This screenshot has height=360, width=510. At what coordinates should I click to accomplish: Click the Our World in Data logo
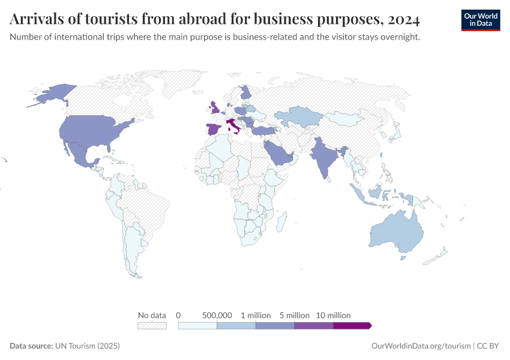(x=480, y=20)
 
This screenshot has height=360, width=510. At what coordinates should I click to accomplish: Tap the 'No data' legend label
(x=152, y=315)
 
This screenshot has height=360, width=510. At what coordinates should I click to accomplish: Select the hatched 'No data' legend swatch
(x=152, y=326)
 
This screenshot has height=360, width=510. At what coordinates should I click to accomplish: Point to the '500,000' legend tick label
(x=217, y=315)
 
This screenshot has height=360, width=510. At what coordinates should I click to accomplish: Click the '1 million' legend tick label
(x=256, y=315)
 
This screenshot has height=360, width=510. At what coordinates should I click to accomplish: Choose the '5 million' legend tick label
(x=294, y=315)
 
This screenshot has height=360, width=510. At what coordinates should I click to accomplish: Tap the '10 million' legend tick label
(x=333, y=315)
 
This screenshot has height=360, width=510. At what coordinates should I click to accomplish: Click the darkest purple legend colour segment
(x=352, y=326)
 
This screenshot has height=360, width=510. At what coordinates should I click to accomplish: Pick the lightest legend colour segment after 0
(x=197, y=326)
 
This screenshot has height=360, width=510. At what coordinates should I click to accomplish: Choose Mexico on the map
(x=79, y=152)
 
